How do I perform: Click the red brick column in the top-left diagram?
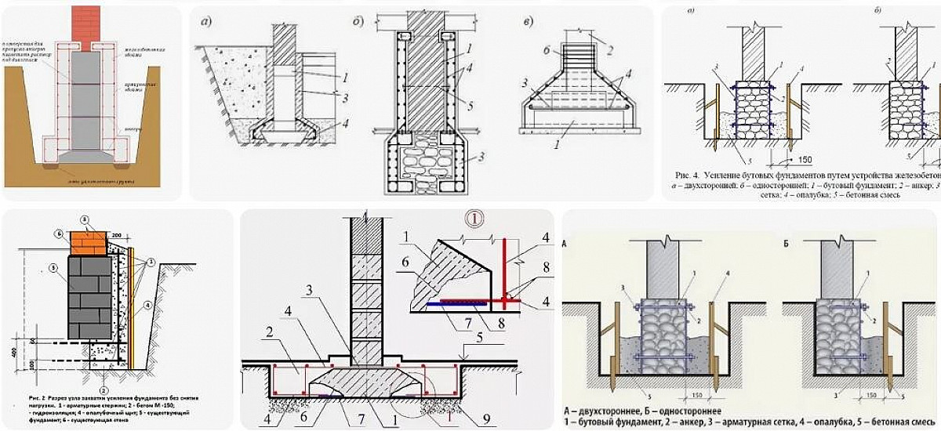tap(85, 24)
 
